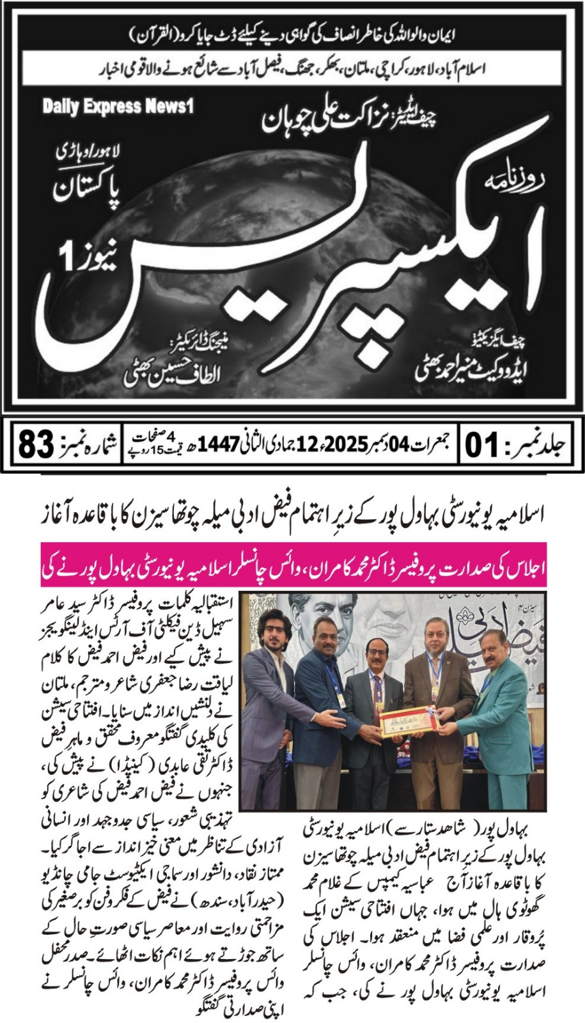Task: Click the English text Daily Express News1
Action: click(118, 106)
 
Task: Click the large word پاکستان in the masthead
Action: click(95, 190)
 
